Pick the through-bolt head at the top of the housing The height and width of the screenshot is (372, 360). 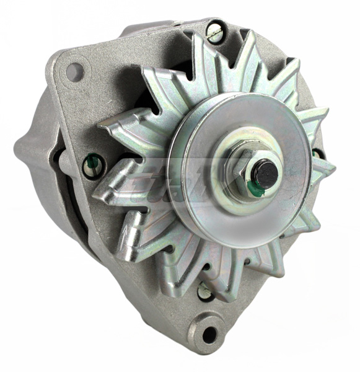[214, 31]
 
